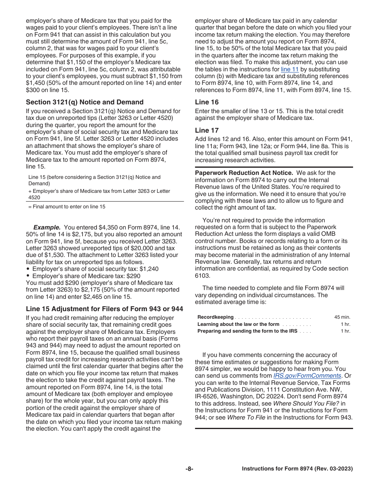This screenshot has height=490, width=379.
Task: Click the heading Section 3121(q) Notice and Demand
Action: (x=85, y=102)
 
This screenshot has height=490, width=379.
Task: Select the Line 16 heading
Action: (x=207, y=102)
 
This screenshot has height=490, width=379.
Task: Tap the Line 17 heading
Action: (x=207, y=130)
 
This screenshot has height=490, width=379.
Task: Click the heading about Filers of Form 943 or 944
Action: (x=105, y=309)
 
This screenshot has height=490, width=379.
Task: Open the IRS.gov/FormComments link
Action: (x=307, y=376)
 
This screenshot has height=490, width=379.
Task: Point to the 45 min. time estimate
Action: (x=342, y=317)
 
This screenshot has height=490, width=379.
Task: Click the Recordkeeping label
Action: (x=215, y=317)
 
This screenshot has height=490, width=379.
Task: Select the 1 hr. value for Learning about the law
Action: (x=345, y=324)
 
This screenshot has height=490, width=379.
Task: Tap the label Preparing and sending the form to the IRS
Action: (x=247, y=331)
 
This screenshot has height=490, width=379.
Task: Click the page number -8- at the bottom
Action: (x=189, y=469)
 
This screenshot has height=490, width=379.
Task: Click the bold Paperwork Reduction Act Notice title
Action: (x=244, y=173)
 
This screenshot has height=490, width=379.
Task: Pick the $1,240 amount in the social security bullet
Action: (x=149, y=269)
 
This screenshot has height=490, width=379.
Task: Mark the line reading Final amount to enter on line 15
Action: (x=67, y=206)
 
